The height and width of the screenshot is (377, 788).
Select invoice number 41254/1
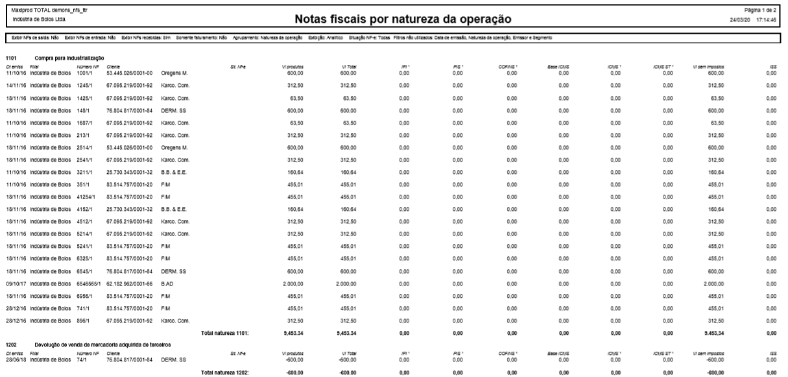click(x=87, y=195)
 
